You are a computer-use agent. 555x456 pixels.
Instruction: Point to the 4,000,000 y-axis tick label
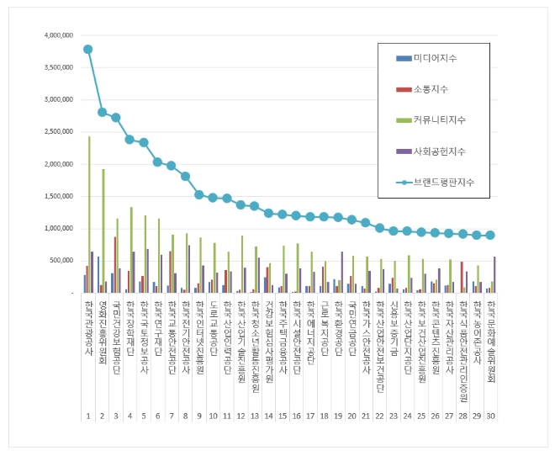pos(60,36)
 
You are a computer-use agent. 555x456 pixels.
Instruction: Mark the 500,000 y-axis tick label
pos(63,261)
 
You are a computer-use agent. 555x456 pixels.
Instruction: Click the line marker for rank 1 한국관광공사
pos(87,50)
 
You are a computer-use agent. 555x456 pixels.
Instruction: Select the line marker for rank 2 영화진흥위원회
pos(102,112)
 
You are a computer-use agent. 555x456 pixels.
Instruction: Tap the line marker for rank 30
pos(491,236)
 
